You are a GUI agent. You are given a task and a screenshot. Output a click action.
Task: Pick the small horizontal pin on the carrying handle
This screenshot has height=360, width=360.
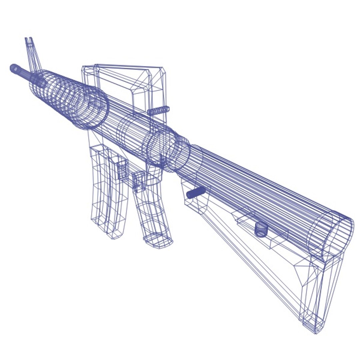pos(159,110)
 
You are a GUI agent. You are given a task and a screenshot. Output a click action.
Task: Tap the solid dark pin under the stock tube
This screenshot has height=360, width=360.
pos(196,192)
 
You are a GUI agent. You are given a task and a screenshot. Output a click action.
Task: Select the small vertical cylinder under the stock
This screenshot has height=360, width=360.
pos(261,229)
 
